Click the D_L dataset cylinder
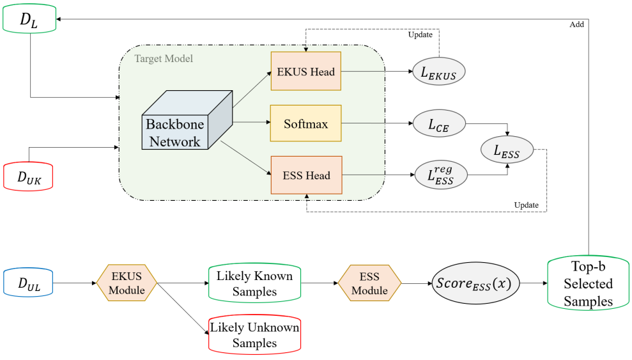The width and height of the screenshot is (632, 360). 31,20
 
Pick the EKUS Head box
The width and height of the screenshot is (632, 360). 305,72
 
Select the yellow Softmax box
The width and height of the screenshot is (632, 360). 305,123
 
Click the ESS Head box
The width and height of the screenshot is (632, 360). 305,175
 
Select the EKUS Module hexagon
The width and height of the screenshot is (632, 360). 126,283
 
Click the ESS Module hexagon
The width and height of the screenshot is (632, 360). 369,283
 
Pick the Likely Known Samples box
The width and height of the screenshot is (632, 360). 254,283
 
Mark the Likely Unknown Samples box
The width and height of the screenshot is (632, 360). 254,334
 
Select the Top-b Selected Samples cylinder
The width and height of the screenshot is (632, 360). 588,283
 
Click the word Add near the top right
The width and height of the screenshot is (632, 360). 576,24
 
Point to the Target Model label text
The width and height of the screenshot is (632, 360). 164,59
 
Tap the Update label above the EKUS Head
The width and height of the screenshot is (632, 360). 420,34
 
